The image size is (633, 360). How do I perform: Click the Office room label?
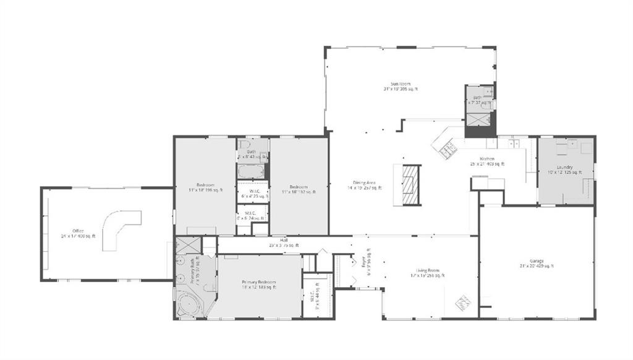pos(78,233)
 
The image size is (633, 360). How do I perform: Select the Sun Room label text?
pos(400,86)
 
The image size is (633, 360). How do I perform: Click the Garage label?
pos(537,263)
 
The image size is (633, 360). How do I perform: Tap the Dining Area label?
pos(364,184)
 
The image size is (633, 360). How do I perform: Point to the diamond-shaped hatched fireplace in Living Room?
pos(463,303)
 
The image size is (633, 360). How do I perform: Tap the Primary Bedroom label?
pos(258,283)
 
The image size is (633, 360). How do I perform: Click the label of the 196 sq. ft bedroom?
pos(205,187)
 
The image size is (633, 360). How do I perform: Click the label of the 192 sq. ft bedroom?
pos(300,189)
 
